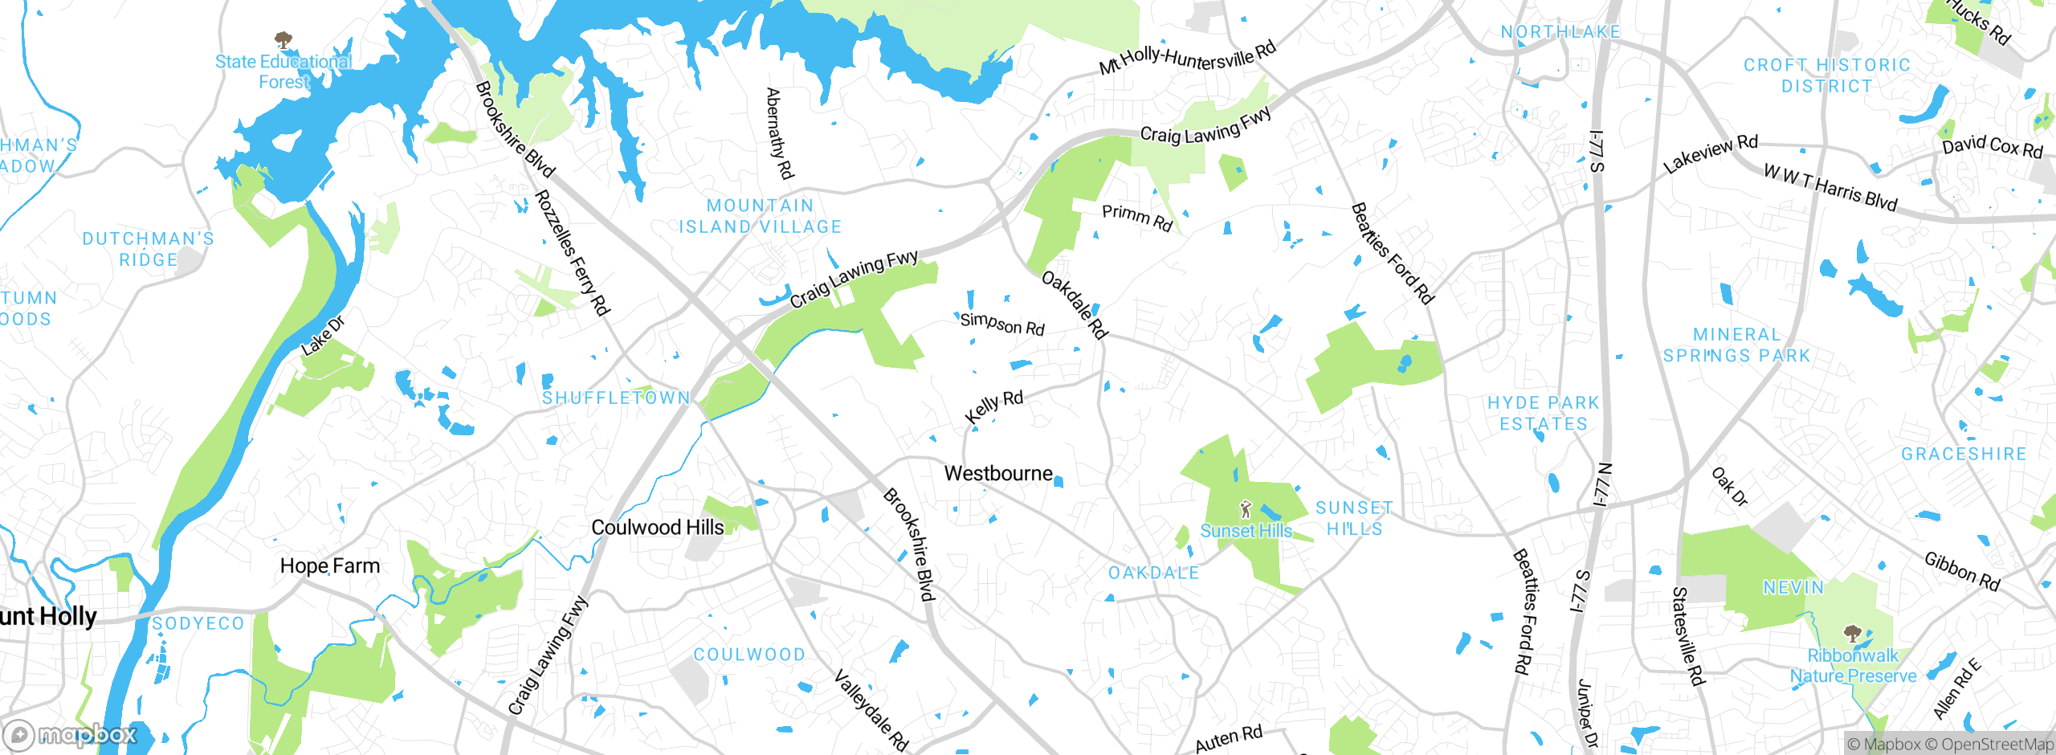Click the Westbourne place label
(x=998, y=473)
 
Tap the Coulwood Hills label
(x=657, y=527)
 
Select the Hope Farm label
(x=329, y=565)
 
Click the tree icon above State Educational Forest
(x=283, y=39)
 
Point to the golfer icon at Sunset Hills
(x=1246, y=509)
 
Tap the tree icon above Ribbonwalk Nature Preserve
(x=1852, y=635)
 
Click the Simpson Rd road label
(x=1002, y=324)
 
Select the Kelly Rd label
(x=993, y=406)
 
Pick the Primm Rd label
(x=1137, y=217)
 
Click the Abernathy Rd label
(x=780, y=133)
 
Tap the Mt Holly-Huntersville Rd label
(x=1188, y=58)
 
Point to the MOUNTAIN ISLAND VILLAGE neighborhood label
(x=761, y=216)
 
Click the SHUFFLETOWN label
(x=616, y=398)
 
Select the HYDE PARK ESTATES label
(x=1544, y=413)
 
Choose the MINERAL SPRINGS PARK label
(x=1736, y=345)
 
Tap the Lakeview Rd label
(x=1710, y=153)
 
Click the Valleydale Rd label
(x=871, y=711)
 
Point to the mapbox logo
(x=71, y=735)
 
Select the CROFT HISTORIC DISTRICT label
(x=1826, y=75)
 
